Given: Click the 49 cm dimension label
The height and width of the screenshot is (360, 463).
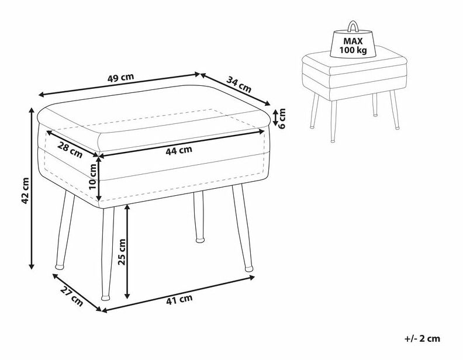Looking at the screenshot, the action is (x=120, y=78).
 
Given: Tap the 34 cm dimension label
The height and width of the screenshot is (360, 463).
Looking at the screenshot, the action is (x=239, y=84).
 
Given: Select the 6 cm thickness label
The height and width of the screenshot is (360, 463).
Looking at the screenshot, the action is (x=282, y=118).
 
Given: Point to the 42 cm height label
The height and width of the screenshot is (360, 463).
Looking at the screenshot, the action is (x=25, y=191).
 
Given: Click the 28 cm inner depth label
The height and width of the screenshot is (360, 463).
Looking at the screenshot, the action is (x=70, y=150).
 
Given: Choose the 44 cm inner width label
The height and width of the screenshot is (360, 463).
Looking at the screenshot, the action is (x=179, y=151).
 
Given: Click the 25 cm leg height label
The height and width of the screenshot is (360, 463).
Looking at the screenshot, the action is (x=122, y=252).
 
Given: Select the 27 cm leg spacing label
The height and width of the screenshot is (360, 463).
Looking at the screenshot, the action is (x=72, y=296).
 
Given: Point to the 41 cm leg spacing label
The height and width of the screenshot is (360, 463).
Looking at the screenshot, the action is (x=179, y=299).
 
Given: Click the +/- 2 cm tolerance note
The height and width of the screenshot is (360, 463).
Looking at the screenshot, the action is (x=422, y=339).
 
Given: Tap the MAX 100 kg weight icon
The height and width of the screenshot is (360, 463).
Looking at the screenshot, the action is (x=353, y=39).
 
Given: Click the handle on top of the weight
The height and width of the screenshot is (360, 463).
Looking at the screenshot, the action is (x=353, y=26).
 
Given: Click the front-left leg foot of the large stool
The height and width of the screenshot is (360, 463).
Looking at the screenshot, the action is (x=105, y=297).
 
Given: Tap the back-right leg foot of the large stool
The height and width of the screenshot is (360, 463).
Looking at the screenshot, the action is (x=200, y=240).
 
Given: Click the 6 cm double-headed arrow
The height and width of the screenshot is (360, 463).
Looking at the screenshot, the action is (x=275, y=117).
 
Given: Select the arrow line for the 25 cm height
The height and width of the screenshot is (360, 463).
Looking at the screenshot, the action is (x=127, y=251).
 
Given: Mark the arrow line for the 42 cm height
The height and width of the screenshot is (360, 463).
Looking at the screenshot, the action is (x=32, y=188).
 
